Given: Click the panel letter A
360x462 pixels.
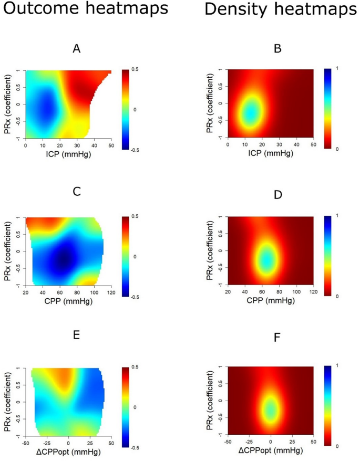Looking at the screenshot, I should [76, 49].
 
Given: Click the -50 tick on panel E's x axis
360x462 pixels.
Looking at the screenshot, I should [27, 442].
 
